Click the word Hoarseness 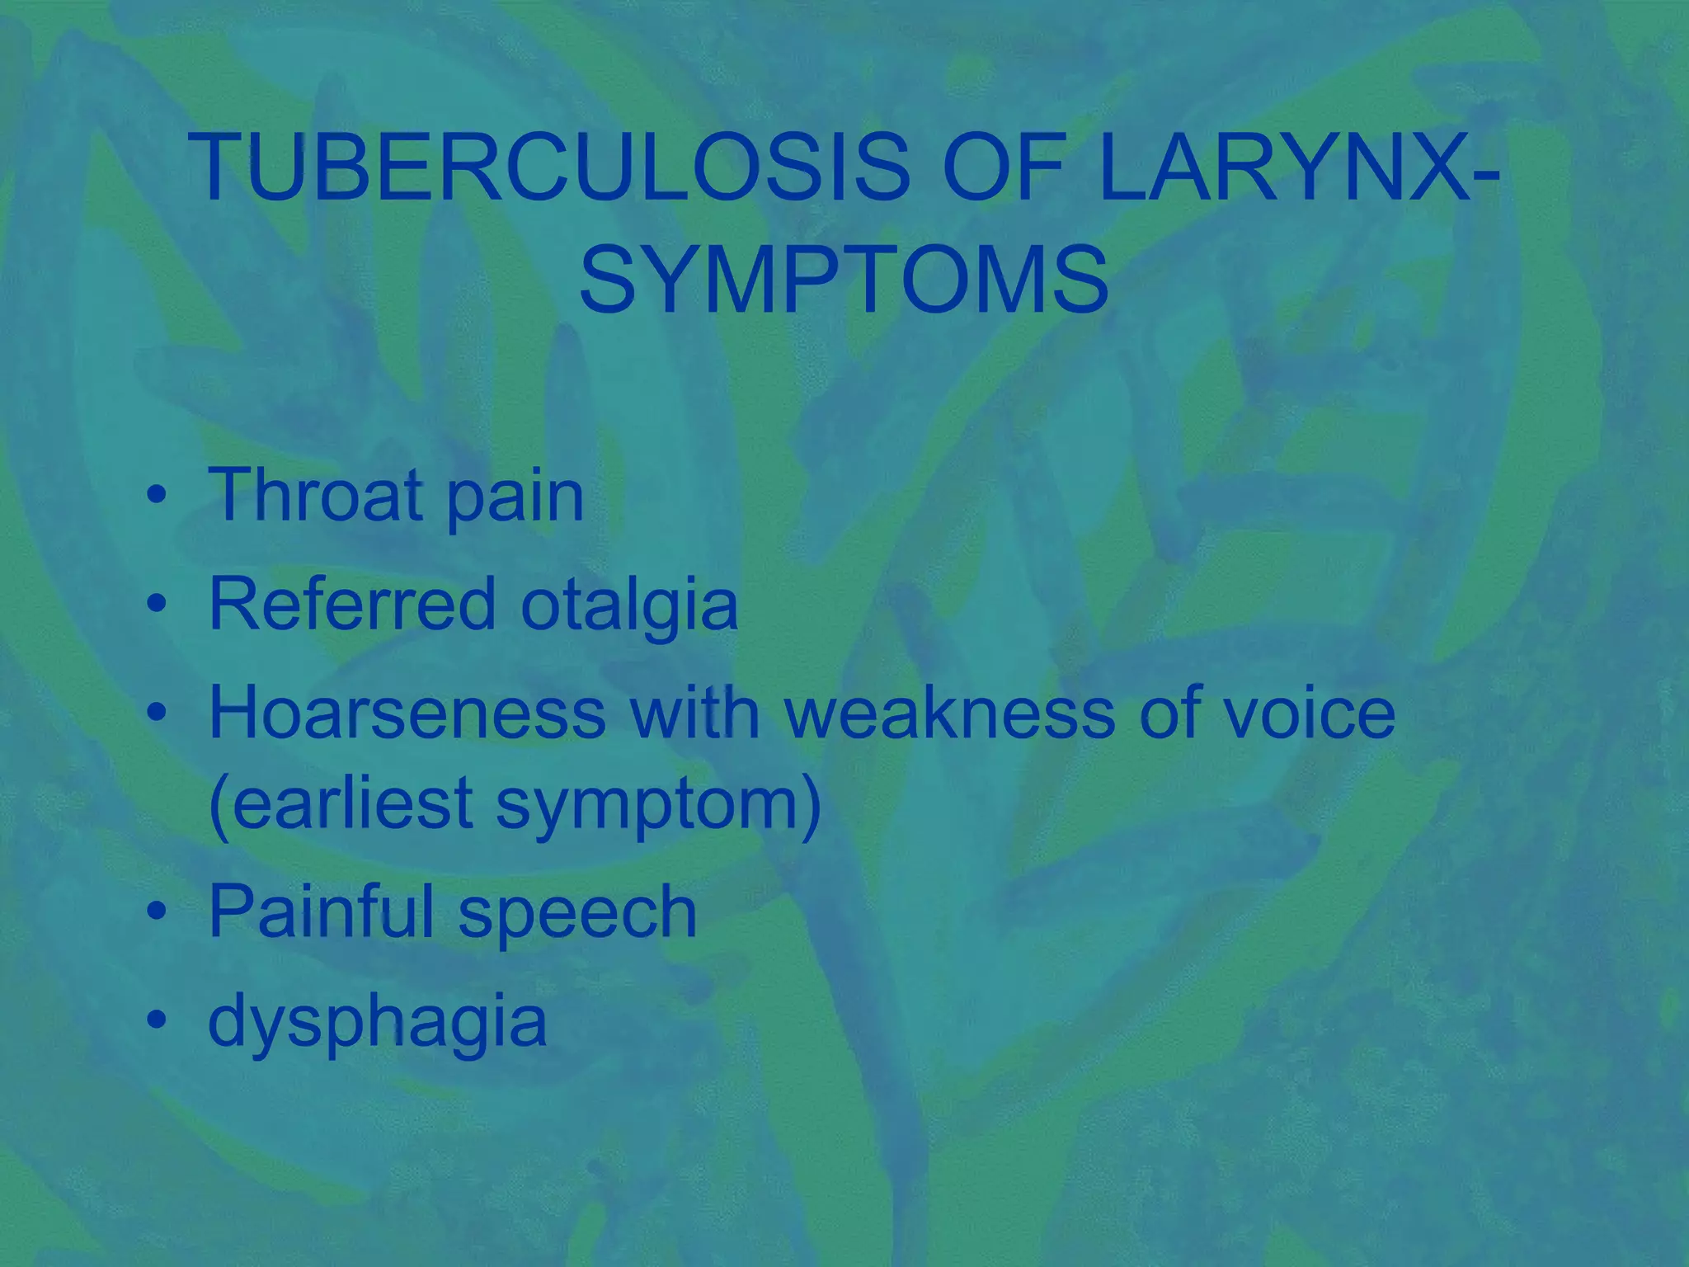pyautogui.click(x=407, y=713)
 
